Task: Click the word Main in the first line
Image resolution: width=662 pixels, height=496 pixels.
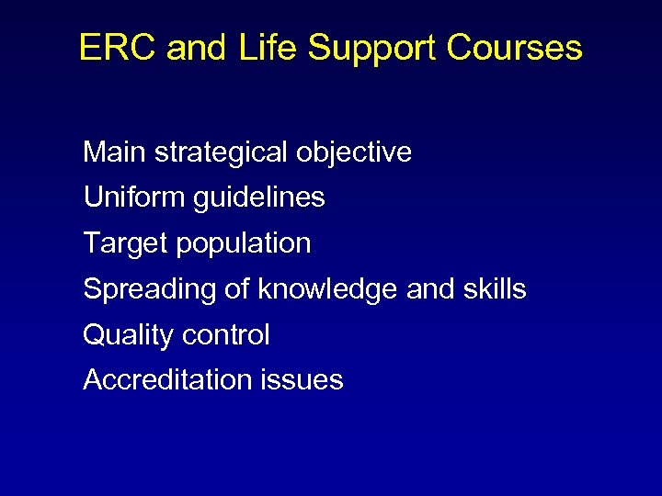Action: [x=114, y=152]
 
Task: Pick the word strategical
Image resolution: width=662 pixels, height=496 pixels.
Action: [x=221, y=153]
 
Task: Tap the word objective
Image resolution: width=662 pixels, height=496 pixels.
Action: [x=354, y=153]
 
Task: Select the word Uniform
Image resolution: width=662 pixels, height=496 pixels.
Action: [x=134, y=197]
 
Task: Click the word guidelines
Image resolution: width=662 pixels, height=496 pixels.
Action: [x=259, y=198]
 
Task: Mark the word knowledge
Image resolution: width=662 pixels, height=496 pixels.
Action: [x=328, y=290]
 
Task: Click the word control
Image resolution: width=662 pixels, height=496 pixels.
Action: [x=226, y=335]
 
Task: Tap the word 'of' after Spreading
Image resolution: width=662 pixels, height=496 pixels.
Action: [x=236, y=289]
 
